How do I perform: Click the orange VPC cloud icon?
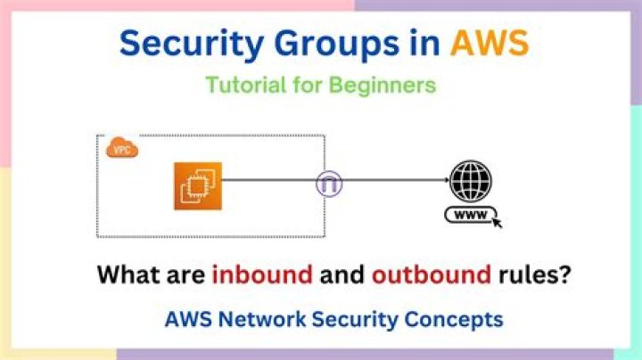coord(122,149)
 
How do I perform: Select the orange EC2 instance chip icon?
coord(196,185)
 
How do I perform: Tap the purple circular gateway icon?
coord(328,184)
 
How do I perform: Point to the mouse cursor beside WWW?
coord(497,221)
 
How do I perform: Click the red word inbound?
coord(262,274)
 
